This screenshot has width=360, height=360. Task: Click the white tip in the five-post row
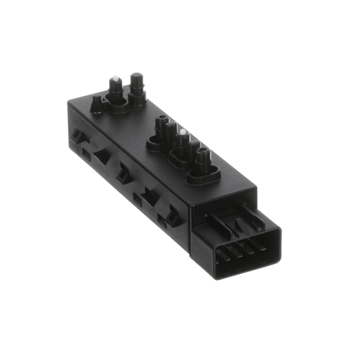(x=183, y=132)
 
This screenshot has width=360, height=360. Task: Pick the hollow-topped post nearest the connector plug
(x=203, y=154)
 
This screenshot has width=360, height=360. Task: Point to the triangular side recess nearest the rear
(x=102, y=157)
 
